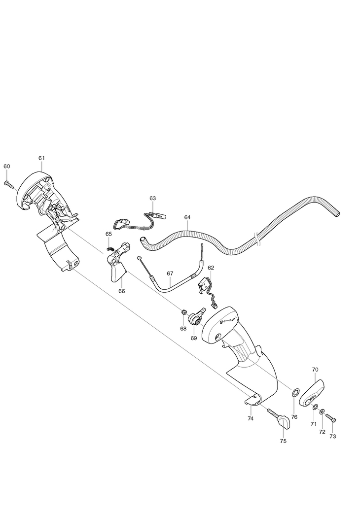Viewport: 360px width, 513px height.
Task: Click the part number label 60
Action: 7,166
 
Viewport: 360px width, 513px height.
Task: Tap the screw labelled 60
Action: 10,185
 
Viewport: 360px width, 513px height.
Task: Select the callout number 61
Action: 41,158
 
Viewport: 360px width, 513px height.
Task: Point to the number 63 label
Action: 153,198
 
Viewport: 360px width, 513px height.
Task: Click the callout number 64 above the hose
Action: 187,217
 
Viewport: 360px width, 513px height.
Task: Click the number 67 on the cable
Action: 170,273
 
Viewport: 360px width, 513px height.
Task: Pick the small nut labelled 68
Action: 184,312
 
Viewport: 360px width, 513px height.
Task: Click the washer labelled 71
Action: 315,408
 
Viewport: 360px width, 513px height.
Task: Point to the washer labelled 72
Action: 323,411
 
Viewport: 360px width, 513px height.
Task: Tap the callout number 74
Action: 251,418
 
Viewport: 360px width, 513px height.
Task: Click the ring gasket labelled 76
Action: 295,392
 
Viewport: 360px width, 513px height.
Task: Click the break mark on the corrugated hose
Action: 257,239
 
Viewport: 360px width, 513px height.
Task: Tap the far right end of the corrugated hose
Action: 337,214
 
